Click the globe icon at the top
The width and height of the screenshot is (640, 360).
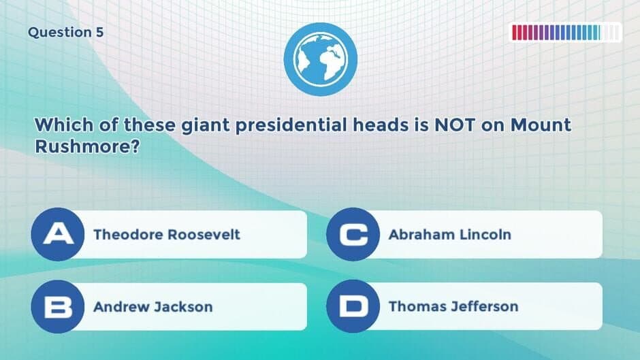pyautogui.click(x=320, y=59)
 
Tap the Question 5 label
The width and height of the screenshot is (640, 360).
pyautogui.click(x=66, y=33)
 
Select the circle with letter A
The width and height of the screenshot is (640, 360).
pyautogui.click(x=59, y=234)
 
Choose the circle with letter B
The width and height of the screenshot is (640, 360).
pyautogui.click(x=59, y=306)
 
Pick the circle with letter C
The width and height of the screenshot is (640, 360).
pyautogui.click(x=353, y=234)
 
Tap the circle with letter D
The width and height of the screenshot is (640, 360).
pyautogui.click(x=353, y=306)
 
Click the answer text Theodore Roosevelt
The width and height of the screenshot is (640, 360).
pyautogui.click(x=167, y=235)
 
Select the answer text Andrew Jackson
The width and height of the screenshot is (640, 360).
pyautogui.click(x=153, y=307)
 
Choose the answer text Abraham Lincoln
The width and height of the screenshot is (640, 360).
pyautogui.click(x=449, y=235)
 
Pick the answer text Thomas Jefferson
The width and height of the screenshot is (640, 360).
pyautogui.click(x=453, y=307)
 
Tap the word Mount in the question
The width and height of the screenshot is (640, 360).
pyautogui.click(x=541, y=126)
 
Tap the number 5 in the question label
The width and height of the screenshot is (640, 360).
pyautogui.click(x=99, y=33)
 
